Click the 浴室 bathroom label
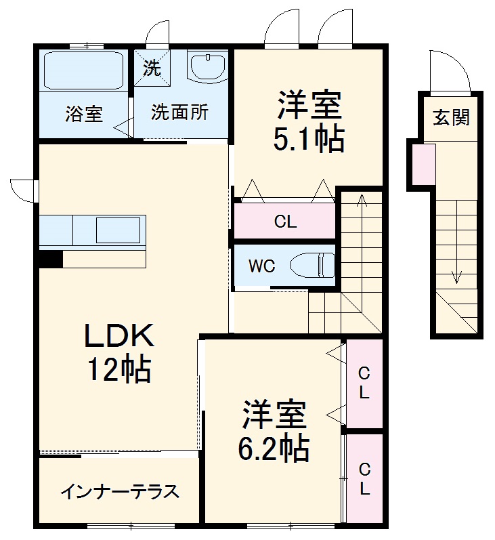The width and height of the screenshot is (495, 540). click(x=84, y=114)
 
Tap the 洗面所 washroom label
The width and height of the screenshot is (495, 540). click(x=179, y=112)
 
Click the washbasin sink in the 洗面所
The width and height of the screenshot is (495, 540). click(x=207, y=67)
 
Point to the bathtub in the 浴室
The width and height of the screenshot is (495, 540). click(x=83, y=71)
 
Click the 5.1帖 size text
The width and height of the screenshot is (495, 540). click(x=308, y=140)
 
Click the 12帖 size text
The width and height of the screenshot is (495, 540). click(x=118, y=369)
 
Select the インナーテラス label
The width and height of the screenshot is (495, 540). click(x=120, y=491)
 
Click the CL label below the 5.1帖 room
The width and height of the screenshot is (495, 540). click(x=285, y=222)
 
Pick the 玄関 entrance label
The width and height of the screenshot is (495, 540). click(x=451, y=118)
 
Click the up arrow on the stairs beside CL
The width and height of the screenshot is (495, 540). click(x=361, y=201)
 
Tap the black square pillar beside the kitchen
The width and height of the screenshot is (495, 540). click(x=49, y=259)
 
